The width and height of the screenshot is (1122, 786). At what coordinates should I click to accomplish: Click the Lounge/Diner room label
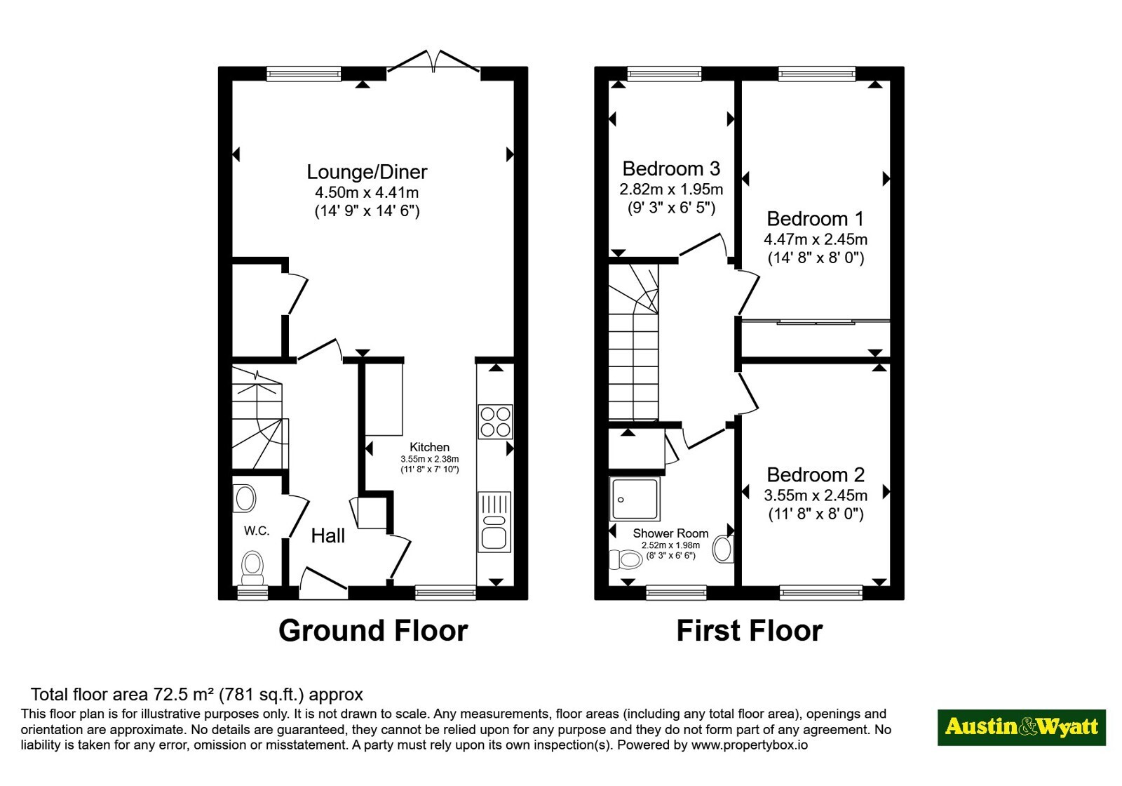point(367,172)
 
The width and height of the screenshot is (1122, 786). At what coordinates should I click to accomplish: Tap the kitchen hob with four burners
point(495,422)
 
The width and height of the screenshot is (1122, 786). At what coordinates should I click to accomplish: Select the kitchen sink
point(494,522)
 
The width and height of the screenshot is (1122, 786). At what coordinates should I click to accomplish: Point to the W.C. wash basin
point(245,498)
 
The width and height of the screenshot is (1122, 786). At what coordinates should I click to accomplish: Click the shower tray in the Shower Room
point(635,499)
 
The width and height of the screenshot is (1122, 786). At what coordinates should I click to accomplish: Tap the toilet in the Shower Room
point(626,559)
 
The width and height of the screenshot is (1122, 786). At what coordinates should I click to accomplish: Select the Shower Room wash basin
point(723,549)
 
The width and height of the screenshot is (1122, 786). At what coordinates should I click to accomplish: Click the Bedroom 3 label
point(671,169)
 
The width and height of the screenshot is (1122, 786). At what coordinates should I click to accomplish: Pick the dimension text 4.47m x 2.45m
point(816,239)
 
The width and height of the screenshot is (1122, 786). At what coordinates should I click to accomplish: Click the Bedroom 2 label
point(816,474)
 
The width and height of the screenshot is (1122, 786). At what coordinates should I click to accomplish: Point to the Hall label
point(328,536)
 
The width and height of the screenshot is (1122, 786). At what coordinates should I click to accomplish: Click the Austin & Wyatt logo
point(1021,727)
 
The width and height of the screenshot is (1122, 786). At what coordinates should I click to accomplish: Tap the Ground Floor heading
point(373,631)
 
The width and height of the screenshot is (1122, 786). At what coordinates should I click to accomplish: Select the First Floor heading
point(750,631)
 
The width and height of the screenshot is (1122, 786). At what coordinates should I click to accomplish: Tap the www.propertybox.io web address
point(750,745)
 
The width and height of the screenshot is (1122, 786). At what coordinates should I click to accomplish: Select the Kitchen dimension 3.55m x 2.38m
point(429,459)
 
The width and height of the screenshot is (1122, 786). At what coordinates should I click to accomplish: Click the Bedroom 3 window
point(664,74)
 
